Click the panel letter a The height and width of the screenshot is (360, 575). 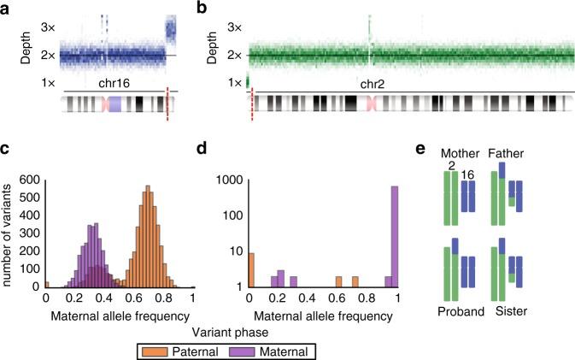tap(7, 9)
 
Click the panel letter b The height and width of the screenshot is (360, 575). tap(202, 9)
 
